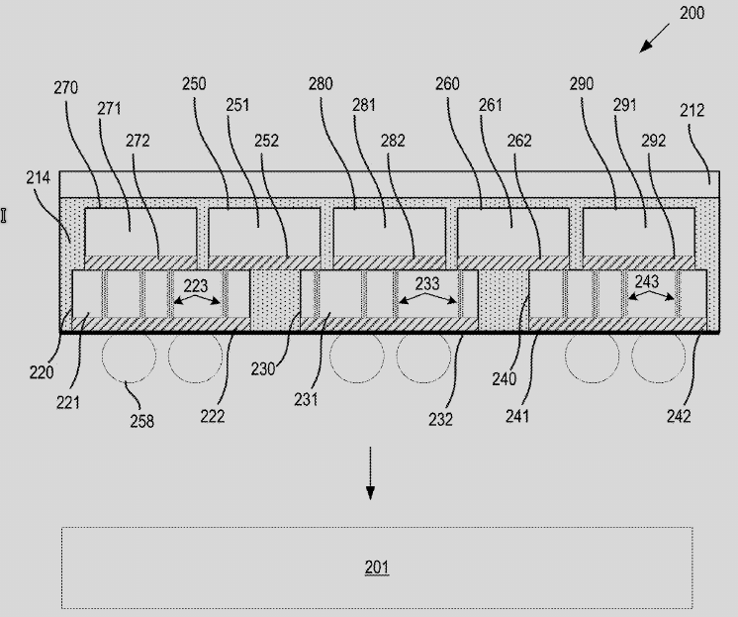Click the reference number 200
(692, 13)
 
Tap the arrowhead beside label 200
(644, 48)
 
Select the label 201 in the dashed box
(377, 566)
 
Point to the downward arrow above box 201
(370, 472)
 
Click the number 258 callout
(141, 421)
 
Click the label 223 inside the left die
(195, 285)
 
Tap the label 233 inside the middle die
(427, 284)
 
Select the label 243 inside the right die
(647, 282)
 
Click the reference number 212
(692, 110)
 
